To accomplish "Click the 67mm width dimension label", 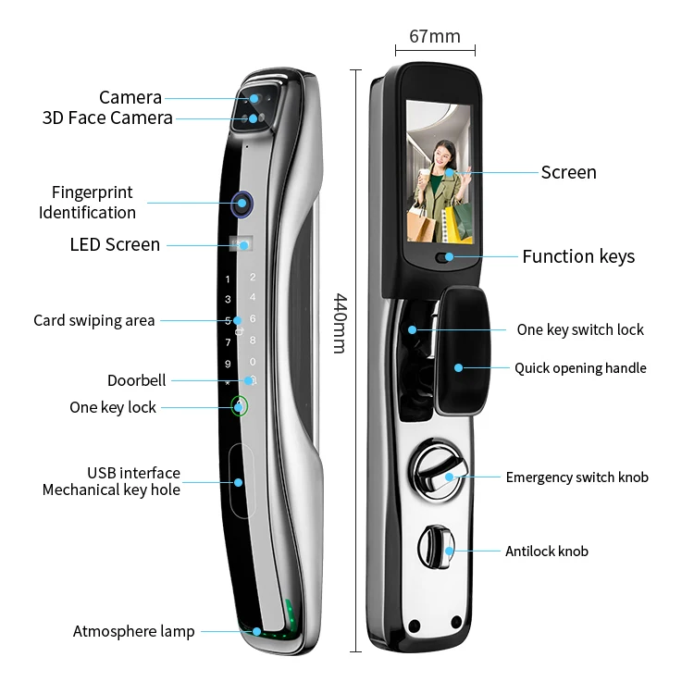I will point(434,36).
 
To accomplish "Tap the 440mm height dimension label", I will point(340,323).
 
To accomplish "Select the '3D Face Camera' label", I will point(107,118).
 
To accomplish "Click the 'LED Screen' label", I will point(115,244).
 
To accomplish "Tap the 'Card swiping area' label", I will point(93,320).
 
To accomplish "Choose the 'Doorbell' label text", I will point(136,380).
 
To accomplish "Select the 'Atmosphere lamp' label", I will point(133,631).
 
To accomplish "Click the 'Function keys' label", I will point(578,256).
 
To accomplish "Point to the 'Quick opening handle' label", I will point(580,368).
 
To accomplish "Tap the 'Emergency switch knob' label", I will point(576,477).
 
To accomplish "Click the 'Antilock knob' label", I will point(546,551).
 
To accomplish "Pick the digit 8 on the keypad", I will point(253,340).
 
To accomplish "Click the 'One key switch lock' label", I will point(580,329).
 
